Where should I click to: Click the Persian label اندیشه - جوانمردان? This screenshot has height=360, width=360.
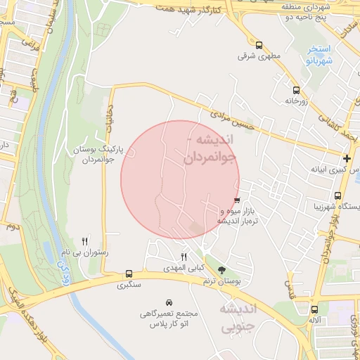tap(212, 148)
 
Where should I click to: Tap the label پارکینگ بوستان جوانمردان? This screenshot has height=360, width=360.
tap(98, 155)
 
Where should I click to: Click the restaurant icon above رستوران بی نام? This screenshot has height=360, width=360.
tap(85, 240)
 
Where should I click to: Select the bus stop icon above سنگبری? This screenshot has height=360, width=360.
tap(129, 274)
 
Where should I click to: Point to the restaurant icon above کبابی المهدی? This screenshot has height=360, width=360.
tap(184, 257)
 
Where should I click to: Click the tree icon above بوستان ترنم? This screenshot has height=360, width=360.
tap(222, 270)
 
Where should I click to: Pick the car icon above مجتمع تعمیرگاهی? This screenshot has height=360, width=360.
tap(169, 302)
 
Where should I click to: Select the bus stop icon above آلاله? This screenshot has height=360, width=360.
tap(314, 309)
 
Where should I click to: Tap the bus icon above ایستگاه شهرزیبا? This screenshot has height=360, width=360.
tap(338, 195)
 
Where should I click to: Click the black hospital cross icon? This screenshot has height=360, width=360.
tap(347, 159)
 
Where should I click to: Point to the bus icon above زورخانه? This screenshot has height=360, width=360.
tap(296, 90)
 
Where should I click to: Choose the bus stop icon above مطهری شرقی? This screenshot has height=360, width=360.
tap(259, 45)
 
